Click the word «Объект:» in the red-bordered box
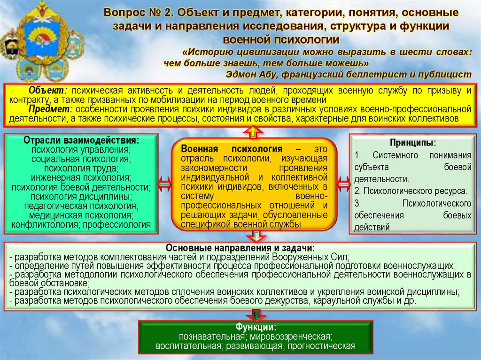point(47,90)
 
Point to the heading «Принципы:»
point(412,142)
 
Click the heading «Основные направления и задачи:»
point(240,248)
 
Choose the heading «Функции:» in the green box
point(256,327)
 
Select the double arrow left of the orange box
point(165,184)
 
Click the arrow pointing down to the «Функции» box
point(256,314)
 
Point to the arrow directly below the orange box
point(254,236)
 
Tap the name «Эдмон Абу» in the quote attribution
point(246,74)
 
